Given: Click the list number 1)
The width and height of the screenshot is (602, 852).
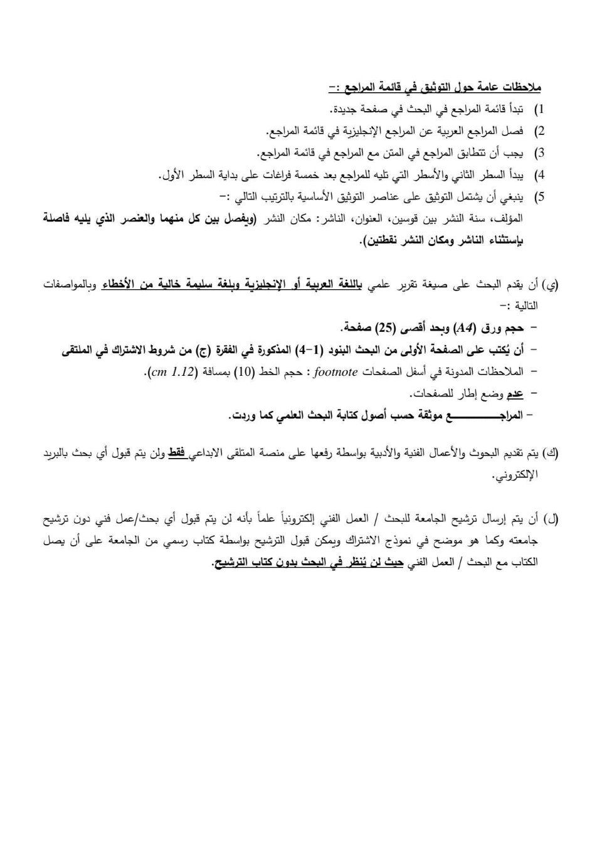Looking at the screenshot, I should click(x=538, y=110).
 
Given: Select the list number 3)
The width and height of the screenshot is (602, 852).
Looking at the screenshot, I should click(x=538, y=153).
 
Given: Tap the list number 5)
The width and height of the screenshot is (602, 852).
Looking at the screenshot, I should click(x=538, y=197).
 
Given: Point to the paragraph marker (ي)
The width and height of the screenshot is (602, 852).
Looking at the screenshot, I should click(x=551, y=286).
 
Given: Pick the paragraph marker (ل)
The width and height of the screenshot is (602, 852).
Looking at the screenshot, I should click(x=552, y=519).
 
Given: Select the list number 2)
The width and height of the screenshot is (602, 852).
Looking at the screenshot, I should click(x=538, y=131).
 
